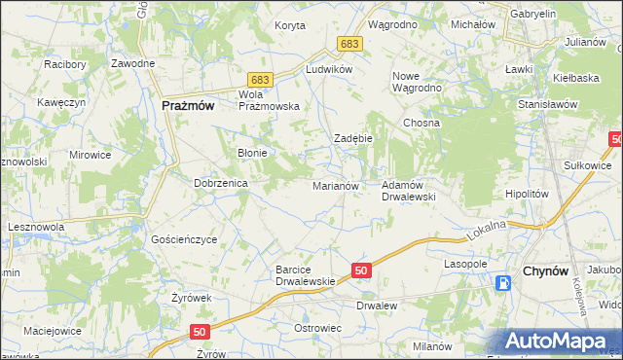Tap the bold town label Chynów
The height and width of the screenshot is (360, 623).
click(x=546, y=270)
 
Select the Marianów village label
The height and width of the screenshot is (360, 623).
click(x=336, y=185)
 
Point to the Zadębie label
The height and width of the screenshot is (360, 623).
click(x=354, y=139)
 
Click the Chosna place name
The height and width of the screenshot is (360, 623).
click(x=422, y=124)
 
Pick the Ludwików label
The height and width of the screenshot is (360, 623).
click(x=328, y=70)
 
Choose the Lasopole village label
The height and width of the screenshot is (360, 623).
click(x=465, y=264)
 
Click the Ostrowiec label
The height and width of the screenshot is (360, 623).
click(x=317, y=328)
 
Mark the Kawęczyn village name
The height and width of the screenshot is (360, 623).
click(x=56, y=102)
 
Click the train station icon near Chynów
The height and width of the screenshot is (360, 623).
click(x=503, y=283)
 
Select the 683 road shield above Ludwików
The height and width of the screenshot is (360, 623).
click(x=350, y=45)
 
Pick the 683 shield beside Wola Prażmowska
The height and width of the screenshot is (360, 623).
click(x=259, y=78)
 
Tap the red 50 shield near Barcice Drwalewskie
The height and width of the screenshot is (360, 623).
click(x=360, y=270)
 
